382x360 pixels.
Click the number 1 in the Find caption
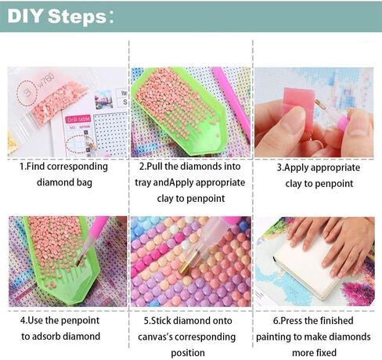(x=22, y=167)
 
